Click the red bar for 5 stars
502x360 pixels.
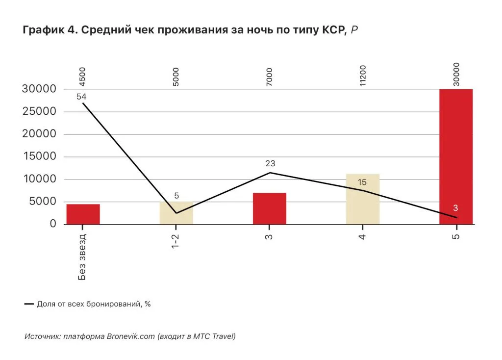(x=456, y=156)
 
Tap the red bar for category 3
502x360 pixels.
(x=270, y=208)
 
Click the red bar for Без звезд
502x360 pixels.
(x=83, y=214)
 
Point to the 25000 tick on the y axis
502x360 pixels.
(x=39, y=112)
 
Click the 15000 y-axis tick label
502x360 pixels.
(x=39, y=157)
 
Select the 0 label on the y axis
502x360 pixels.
(x=53, y=224)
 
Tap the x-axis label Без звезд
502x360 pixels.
(x=82, y=257)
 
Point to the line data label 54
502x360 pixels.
(x=81, y=97)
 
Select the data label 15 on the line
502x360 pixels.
(x=362, y=183)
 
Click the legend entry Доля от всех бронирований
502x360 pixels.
(x=93, y=304)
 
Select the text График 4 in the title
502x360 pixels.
(x=49, y=30)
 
